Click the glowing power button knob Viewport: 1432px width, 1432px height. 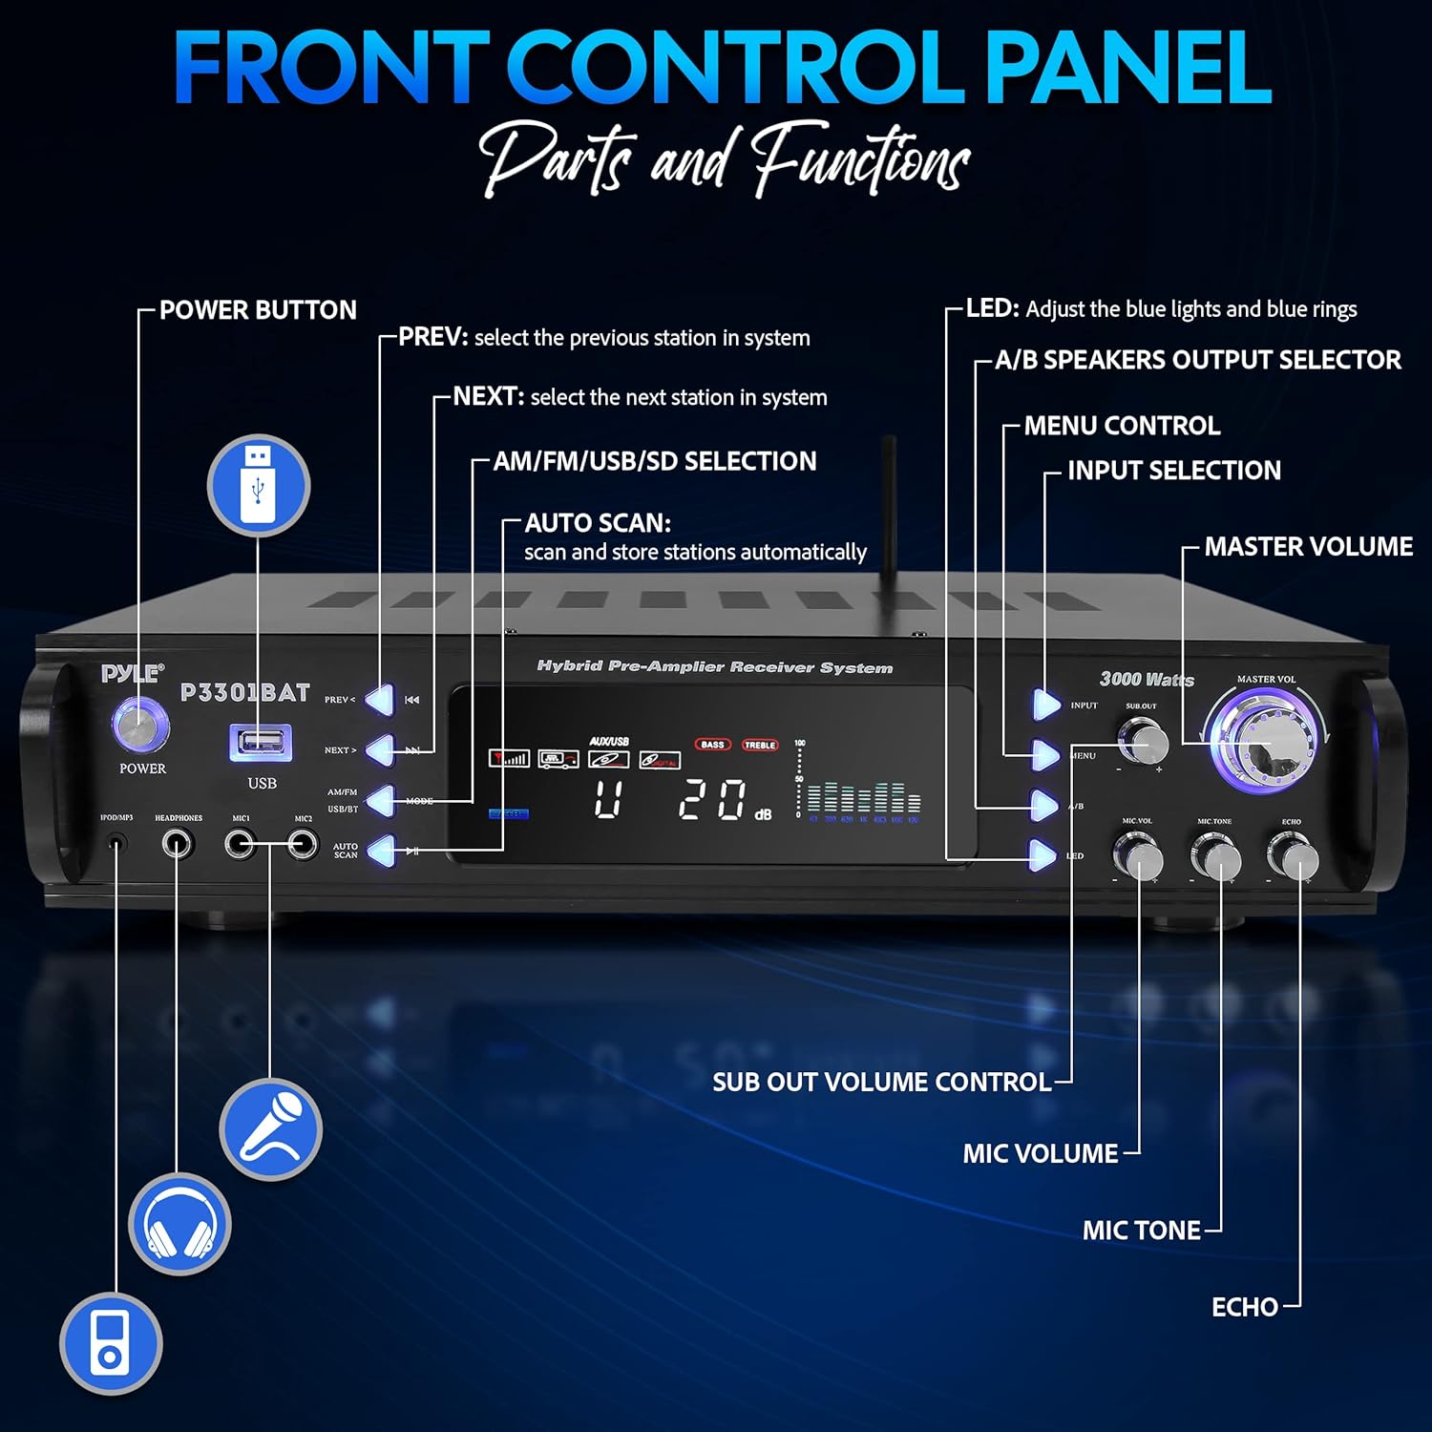coord(141,726)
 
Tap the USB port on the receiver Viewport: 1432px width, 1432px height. coord(260,742)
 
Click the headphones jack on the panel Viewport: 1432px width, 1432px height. coord(178,844)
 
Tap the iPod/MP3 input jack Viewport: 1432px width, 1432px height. coord(116,844)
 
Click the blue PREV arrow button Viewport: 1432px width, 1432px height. coord(381,700)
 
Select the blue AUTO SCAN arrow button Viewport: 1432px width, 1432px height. coord(381,851)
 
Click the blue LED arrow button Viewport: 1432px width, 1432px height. coord(1043,855)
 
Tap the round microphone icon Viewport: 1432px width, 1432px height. coord(271,1130)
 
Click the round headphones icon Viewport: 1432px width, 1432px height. coord(179,1224)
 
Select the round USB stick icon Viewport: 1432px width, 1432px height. coord(259,485)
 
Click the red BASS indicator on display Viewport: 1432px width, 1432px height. coord(712,745)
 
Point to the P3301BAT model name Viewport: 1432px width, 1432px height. coord(245,692)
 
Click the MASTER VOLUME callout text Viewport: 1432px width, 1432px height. coord(1308,547)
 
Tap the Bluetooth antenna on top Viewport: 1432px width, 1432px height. coord(889,506)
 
